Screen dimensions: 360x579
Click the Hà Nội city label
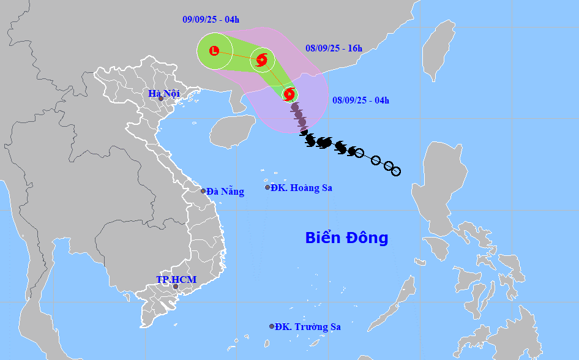click(x=163, y=94)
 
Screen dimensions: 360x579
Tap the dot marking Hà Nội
click(x=161, y=99)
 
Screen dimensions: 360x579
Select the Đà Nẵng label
click(x=225, y=192)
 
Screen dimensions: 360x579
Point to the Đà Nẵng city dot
click(x=203, y=191)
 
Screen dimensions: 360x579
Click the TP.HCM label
click(x=176, y=280)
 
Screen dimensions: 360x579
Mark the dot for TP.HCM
click(x=175, y=287)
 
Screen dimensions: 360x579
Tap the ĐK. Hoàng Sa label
click(x=302, y=188)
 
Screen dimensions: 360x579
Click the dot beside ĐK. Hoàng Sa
click(x=267, y=187)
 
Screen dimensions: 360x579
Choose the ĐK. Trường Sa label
click(x=307, y=327)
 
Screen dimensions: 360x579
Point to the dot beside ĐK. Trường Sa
click(x=272, y=326)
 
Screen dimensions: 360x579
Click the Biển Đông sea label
click(x=346, y=238)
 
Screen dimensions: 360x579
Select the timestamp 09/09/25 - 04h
click(x=211, y=20)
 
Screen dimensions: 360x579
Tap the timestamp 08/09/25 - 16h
click(x=334, y=48)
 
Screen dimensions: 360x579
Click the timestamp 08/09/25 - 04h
click(x=360, y=100)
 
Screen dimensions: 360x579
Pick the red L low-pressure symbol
click(x=214, y=51)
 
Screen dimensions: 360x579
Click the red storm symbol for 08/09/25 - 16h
click(x=263, y=59)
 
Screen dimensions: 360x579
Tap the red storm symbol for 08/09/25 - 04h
click(x=289, y=94)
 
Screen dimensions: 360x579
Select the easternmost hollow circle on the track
click(x=396, y=171)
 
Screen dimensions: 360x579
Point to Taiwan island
click(x=439, y=47)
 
